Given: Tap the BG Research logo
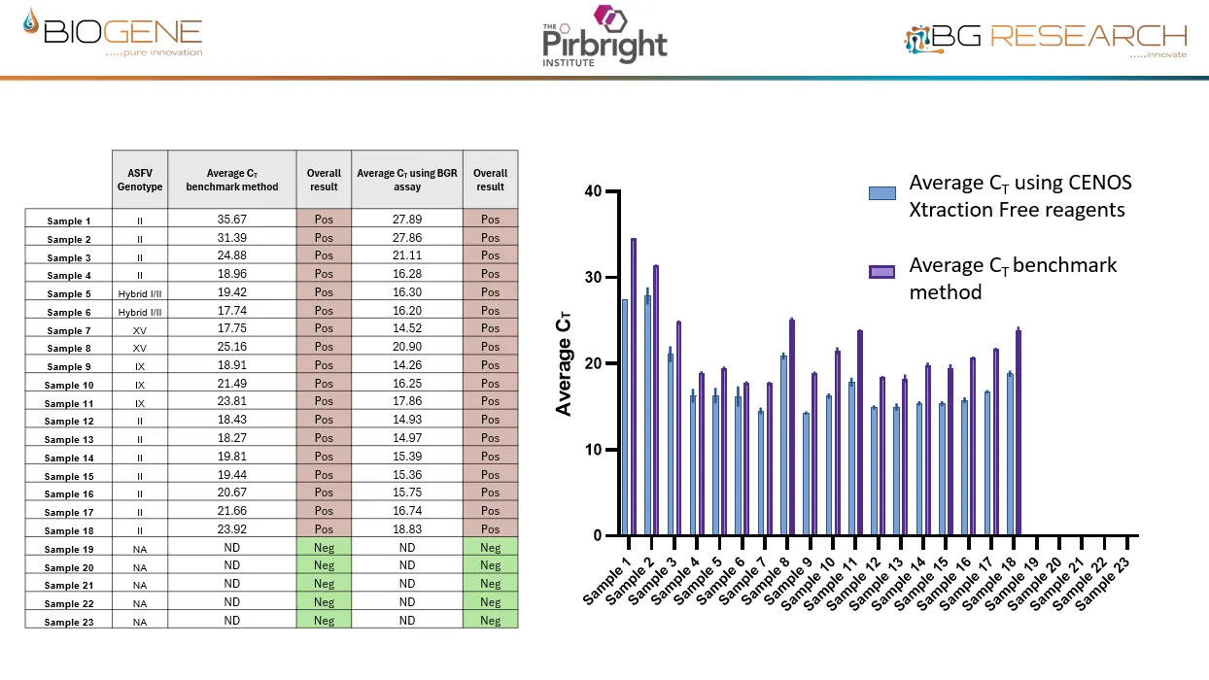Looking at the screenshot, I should coord(1046,39).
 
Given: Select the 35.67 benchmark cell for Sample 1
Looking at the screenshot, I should coord(231,220).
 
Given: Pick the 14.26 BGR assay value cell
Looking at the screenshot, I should coord(406,365).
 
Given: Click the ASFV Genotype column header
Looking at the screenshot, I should coord(140,179).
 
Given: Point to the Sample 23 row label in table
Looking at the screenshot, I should coord(67,622).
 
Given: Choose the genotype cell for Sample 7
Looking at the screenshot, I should coord(140,329).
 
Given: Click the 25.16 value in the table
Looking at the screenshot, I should coord(231,347).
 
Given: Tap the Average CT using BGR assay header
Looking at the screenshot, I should coord(406,179).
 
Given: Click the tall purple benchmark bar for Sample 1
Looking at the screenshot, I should coord(634,387).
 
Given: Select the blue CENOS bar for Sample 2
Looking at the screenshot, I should coord(648,416).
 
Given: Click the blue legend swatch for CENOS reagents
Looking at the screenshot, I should coord(881,192).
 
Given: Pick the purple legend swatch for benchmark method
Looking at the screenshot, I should coord(881,273).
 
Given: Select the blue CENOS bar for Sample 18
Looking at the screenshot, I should coord(1011,455).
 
